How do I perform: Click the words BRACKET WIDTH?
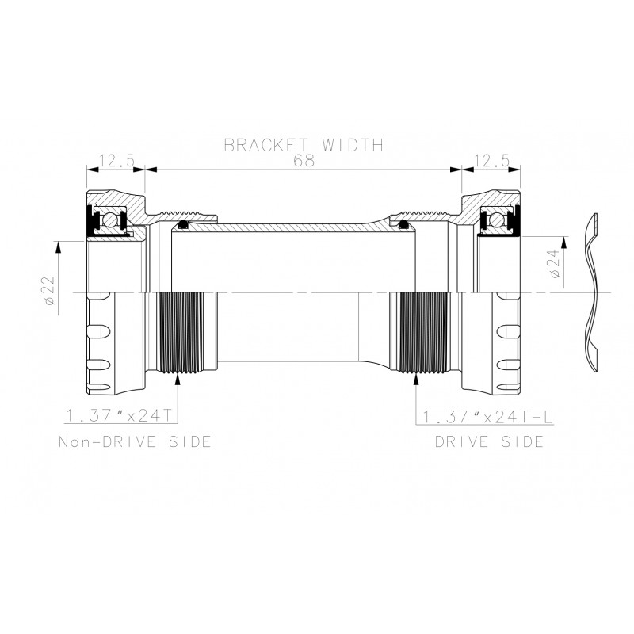(x=304, y=145)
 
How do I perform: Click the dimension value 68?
(x=304, y=160)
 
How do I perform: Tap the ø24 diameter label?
(x=554, y=262)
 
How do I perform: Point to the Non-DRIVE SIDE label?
(x=136, y=441)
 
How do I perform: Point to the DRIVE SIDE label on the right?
(x=488, y=441)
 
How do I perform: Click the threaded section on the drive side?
(x=418, y=333)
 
